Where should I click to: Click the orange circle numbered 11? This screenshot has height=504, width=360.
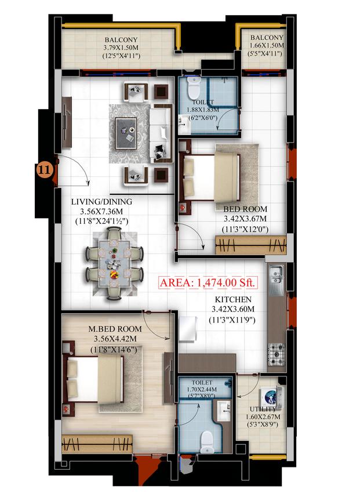[x=45, y=170]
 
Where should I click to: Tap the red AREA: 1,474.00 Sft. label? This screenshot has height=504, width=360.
[x=208, y=282]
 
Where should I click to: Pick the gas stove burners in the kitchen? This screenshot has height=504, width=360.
[x=276, y=354]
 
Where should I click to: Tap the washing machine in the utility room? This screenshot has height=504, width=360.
[x=271, y=398]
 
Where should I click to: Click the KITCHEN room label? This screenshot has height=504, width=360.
[x=233, y=300]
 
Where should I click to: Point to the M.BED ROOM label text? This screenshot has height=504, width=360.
[x=115, y=329]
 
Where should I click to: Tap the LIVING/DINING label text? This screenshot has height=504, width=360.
[x=101, y=202]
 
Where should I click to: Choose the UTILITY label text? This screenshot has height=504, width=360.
[x=263, y=409]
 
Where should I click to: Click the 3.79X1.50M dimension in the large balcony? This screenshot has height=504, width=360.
[x=121, y=48]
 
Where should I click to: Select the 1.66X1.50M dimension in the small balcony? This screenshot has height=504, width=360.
[x=267, y=46]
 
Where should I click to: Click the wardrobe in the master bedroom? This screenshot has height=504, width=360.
[x=97, y=444]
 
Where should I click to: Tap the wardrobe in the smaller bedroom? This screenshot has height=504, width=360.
[x=250, y=245]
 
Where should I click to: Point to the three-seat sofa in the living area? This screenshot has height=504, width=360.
[x=161, y=134]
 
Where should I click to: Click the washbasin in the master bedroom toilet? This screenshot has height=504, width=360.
[x=224, y=410]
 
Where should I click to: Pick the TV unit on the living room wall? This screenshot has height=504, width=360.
[x=67, y=122]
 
